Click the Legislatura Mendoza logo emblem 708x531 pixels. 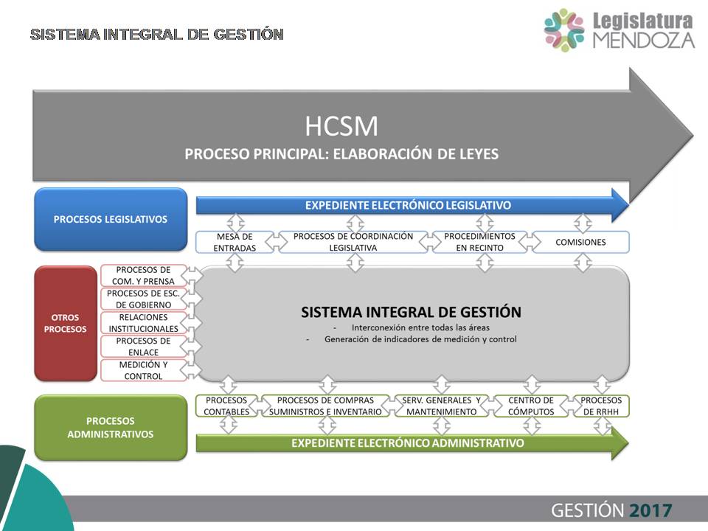point(564,29)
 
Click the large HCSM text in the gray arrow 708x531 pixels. point(341,126)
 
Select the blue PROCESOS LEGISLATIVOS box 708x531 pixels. point(111,220)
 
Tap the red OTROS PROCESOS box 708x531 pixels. point(66,323)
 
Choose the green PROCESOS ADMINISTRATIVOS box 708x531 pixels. point(111,428)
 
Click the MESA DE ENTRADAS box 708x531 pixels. point(235,242)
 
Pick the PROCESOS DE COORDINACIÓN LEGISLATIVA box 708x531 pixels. point(353,242)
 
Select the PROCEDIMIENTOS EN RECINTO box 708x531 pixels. point(479,242)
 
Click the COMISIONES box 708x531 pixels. point(580,242)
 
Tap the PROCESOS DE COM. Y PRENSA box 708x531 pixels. point(144,275)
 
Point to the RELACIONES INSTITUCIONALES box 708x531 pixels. point(144,323)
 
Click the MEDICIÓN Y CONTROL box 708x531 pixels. point(144,370)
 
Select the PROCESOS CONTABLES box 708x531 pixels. point(226,406)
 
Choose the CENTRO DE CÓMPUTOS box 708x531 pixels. point(531,406)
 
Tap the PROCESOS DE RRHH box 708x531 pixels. point(601,406)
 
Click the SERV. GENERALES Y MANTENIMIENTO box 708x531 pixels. point(441,406)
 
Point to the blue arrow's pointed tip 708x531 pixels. point(628,206)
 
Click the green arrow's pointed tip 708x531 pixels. point(628,443)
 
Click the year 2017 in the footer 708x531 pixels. point(650,510)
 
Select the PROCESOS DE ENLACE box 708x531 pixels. point(144,347)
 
